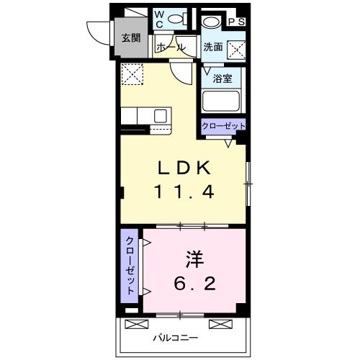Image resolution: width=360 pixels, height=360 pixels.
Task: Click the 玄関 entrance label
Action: [130, 37]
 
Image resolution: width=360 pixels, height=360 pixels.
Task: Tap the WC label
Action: [160, 19]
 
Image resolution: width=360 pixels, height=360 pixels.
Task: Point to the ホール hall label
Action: [171, 48]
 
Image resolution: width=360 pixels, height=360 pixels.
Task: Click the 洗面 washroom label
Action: [212, 48]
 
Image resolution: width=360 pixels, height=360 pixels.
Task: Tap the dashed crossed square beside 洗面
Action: [235, 49]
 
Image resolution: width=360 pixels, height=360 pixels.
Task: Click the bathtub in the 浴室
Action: [222, 102]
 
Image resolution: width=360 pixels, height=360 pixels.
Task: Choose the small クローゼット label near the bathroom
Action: [223, 126]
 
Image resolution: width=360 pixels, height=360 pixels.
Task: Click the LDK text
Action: [184, 168]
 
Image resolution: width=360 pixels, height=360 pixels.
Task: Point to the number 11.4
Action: [184, 192]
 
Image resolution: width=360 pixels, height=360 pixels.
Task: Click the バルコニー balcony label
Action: [173, 337]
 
